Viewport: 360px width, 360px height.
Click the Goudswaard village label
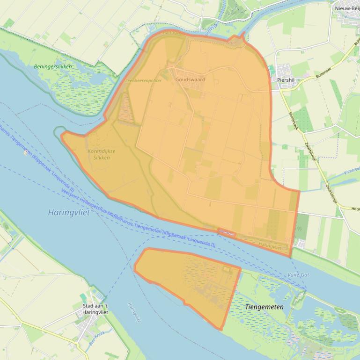(190, 79)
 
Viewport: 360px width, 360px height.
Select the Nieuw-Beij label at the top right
(346, 8)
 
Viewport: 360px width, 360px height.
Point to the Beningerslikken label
(53, 66)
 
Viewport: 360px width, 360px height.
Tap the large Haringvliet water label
(69, 212)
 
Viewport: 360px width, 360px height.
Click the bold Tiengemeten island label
(264, 307)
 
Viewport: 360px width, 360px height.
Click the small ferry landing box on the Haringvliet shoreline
(227, 231)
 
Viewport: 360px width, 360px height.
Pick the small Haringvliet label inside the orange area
(270, 245)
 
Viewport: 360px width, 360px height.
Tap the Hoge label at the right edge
(354, 209)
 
